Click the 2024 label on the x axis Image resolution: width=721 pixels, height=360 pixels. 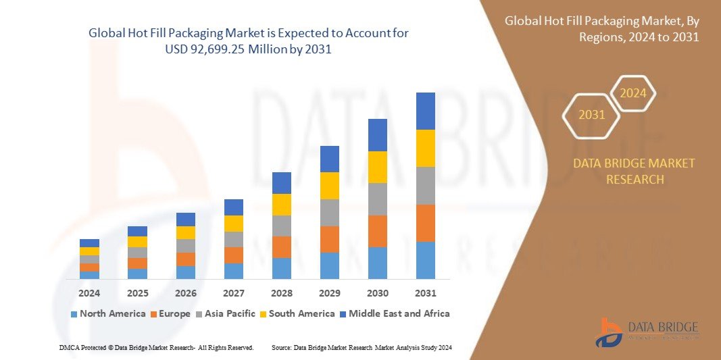(89, 293)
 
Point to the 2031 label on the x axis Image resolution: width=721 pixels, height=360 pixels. (426, 293)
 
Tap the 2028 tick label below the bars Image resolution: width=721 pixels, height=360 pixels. (282, 293)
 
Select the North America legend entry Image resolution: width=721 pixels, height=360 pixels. (107, 313)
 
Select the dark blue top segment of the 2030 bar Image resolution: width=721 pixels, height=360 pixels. (378, 135)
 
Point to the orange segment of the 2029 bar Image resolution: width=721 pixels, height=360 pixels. (330, 239)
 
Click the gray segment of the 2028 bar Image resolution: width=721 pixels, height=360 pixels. (282, 226)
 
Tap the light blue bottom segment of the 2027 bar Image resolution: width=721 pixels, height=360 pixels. (234, 271)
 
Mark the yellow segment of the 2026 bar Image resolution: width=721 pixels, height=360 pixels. (186, 232)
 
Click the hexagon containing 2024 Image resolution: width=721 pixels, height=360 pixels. (633, 93)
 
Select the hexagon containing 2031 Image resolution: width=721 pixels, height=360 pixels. (591, 115)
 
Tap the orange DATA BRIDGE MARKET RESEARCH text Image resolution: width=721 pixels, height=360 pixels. (634, 172)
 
